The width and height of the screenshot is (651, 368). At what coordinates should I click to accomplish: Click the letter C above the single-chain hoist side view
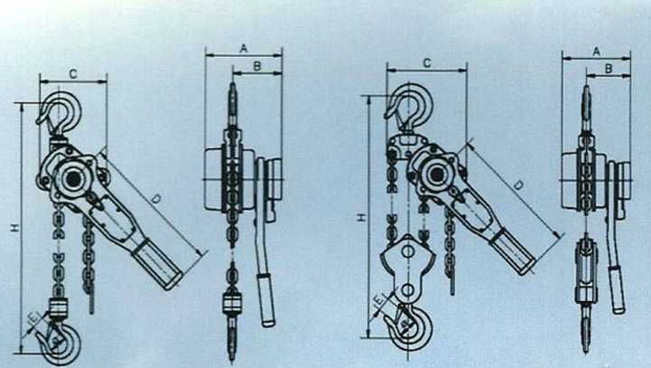pyautogui.click(x=73, y=74)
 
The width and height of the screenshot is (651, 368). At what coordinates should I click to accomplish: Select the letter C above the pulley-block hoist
pyautogui.click(x=427, y=63)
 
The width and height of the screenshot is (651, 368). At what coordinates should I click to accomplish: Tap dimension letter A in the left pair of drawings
pyautogui.click(x=244, y=49)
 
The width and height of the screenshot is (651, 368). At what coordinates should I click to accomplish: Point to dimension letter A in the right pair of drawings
pyautogui.click(x=596, y=52)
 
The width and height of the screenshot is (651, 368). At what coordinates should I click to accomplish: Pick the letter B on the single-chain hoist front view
pyautogui.click(x=257, y=66)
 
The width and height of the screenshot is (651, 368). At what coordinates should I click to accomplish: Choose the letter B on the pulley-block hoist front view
pyautogui.click(x=609, y=69)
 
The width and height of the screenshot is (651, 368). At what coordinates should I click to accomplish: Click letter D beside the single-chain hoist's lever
pyautogui.click(x=155, y=199)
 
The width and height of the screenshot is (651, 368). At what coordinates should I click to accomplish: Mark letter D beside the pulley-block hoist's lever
pyautogui.click(x=517, y=185)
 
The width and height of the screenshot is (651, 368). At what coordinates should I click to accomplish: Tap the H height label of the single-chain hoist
pyautogui.click(x=15, y=228)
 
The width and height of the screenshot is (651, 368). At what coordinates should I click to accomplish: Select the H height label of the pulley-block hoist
pyautogui.click(x=362, y=217)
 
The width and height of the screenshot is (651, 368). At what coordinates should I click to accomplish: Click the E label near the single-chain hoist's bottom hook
pyautogui.click(x=33, y=318)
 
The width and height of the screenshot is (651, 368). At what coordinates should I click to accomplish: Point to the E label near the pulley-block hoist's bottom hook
pyautogui.click(x=378, y=299)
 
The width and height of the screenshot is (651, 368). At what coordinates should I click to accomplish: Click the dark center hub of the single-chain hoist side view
pyautogui.click(x=73, y=179)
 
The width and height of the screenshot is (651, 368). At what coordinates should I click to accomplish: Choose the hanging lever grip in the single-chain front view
pyautogui.click(x=266, y=300)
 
